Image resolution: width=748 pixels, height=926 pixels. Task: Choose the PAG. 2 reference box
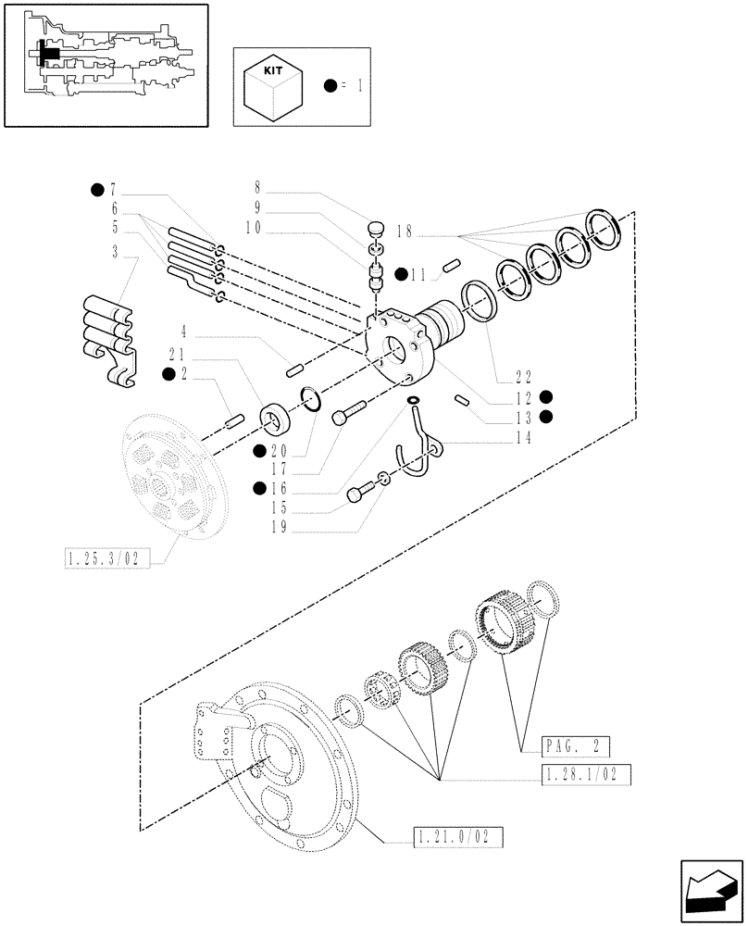coord(578,744)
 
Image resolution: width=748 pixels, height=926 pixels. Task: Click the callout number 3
coord(115,252)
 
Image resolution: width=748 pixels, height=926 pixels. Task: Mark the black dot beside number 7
coord(96,191)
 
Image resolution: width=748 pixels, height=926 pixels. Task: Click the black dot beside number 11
coord(400,273)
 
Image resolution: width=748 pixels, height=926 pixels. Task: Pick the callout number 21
coord(178,354)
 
